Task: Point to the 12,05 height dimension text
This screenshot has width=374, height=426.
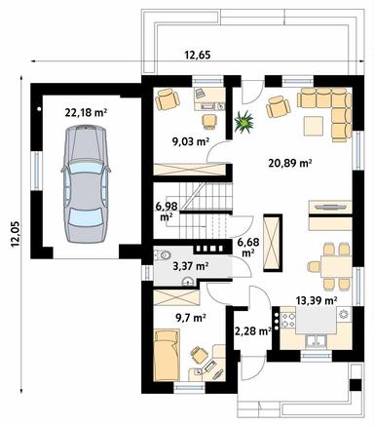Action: [14, 235]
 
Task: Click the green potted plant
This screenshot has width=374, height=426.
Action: [244, 121]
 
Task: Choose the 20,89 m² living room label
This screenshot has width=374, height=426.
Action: [289, 164]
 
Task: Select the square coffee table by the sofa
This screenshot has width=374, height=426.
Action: [314, 124]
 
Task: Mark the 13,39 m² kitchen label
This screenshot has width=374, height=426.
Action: [317, 301]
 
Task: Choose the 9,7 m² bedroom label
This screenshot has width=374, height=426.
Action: [190, 317]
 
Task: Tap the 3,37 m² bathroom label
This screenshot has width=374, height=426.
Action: [189, 265]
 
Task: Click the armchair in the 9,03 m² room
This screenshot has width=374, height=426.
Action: [168, 98]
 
